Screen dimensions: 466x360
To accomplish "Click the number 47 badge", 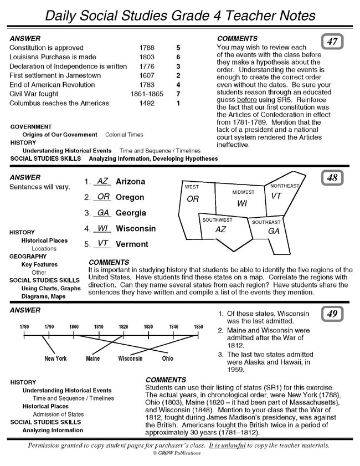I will click(x=333, y=41).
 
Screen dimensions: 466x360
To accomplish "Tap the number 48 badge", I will click(x=333, y=179).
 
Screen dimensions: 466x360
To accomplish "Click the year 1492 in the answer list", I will click(x=147, y=103).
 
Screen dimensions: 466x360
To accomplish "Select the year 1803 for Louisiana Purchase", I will click(x=147, y=57).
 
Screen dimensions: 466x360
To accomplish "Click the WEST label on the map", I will click(x=192, y=187).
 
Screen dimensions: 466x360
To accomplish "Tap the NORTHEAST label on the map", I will click(x=285, y=186).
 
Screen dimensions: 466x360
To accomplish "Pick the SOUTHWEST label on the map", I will click(x=217, y=220).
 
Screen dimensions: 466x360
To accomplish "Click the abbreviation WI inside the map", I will click(x=241, y=203).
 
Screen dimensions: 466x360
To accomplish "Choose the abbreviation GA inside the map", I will click(x=274, y=231).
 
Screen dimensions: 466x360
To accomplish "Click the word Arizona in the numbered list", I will click(x=131, y=182).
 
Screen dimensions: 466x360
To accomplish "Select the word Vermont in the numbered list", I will click(x=132, y=244).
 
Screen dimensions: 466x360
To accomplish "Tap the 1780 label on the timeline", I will click(x=25, y=327).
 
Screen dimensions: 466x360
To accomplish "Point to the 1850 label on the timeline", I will click(x=198, y=327).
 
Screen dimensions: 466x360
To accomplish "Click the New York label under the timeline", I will click(x=55, y=359).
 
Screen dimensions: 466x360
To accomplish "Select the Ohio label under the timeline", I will click(x=167, y=359).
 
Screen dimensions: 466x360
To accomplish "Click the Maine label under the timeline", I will click(x=93, y=359).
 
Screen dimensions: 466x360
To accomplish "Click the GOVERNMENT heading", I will click(x=32, y=127).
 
